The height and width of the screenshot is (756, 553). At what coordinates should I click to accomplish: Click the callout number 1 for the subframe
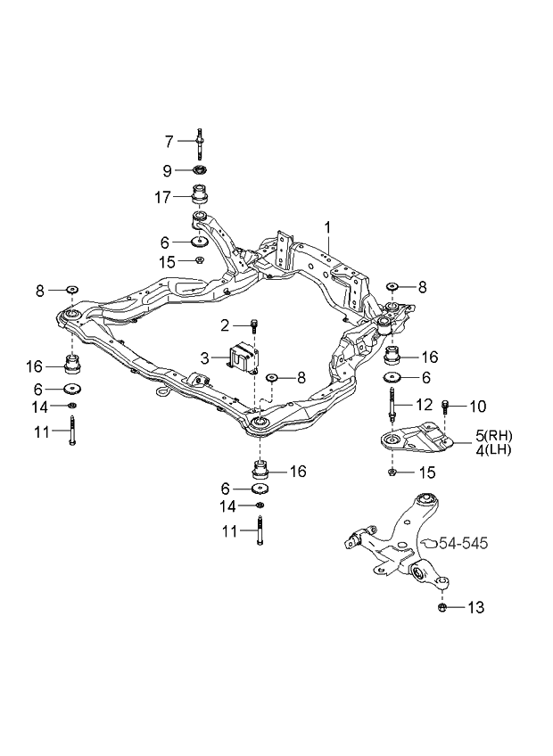pyautogui.click(x=327, y=227)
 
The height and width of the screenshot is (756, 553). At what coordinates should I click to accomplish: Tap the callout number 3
pyautogui.click(x=204, y=357)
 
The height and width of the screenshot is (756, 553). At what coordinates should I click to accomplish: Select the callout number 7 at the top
pyautogui.click(x=168, y=141)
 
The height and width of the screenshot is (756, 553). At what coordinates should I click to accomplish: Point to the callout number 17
pyautogui.click(x=161, y=198)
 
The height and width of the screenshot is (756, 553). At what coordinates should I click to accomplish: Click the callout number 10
pyautogui.click(x=477, y=407)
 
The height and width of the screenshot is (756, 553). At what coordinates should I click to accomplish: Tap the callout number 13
pyautogui.click(x=475, y=608)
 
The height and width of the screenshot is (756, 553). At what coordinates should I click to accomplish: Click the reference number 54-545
pyautogui.click(x=462, y=542)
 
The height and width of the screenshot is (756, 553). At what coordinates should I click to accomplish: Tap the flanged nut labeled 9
pyautogui.click(x=200, y=169)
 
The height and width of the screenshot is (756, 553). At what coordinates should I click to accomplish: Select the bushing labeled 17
pyautogui.click(x=201, y=194)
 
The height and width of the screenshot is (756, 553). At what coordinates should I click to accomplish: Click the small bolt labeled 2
pyautogui.click(x=254, y=325)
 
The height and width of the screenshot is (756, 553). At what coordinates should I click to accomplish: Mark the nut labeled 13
pyautogui.click(x=443, y=608)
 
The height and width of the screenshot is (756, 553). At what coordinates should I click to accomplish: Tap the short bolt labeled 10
pyautogui.click(x=445, y=408)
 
